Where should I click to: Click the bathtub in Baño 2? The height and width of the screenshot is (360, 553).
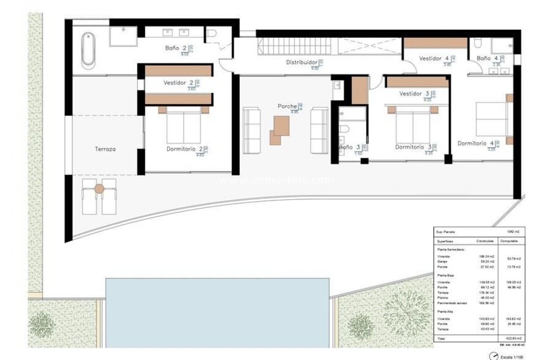tap(88, 51)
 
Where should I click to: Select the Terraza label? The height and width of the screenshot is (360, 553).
tap(105, 149)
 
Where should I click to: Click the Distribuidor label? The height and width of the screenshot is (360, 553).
tap(301, 62)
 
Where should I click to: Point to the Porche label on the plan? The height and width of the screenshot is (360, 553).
tap(287, 106)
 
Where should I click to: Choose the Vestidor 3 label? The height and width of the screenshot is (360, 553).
tap(410, 93)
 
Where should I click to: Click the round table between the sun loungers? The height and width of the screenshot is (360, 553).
tap(99, 189)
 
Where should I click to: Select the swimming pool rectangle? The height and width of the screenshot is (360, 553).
tap(217, 312)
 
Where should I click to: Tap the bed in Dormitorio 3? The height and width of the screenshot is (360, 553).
tap(413, 124)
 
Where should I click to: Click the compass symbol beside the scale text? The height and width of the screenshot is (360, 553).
tap(494, 356)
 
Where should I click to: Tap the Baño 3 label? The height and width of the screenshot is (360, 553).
tap(346, 147)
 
